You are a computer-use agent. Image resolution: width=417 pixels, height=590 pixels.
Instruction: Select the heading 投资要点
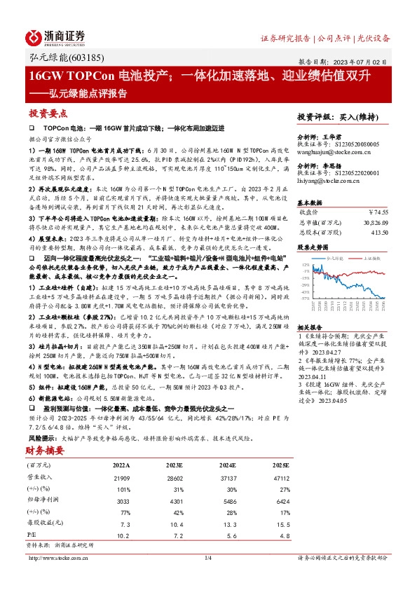point(48,113)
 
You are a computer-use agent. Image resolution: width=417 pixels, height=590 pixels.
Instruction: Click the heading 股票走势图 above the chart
point(312,247)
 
